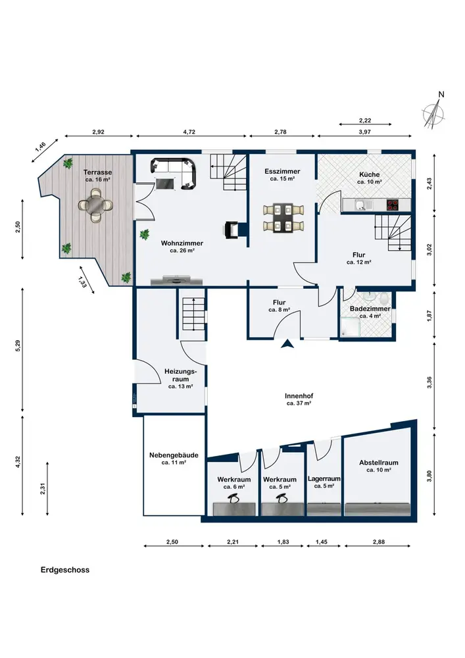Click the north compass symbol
point(434,113)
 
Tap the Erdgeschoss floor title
point(65,570)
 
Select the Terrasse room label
point(98,172)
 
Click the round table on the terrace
point(95,205)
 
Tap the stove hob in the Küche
point(393,205)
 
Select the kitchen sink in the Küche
point(360,205)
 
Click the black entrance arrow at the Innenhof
point(287,343)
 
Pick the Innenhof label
point(299,395)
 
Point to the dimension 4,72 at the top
point(189,132)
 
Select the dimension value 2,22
point(365,120)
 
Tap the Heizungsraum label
point(180,375)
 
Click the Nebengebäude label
point(174,455)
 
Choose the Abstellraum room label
point(379,463)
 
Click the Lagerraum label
point(324,478)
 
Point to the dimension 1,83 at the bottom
point(283,542)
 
